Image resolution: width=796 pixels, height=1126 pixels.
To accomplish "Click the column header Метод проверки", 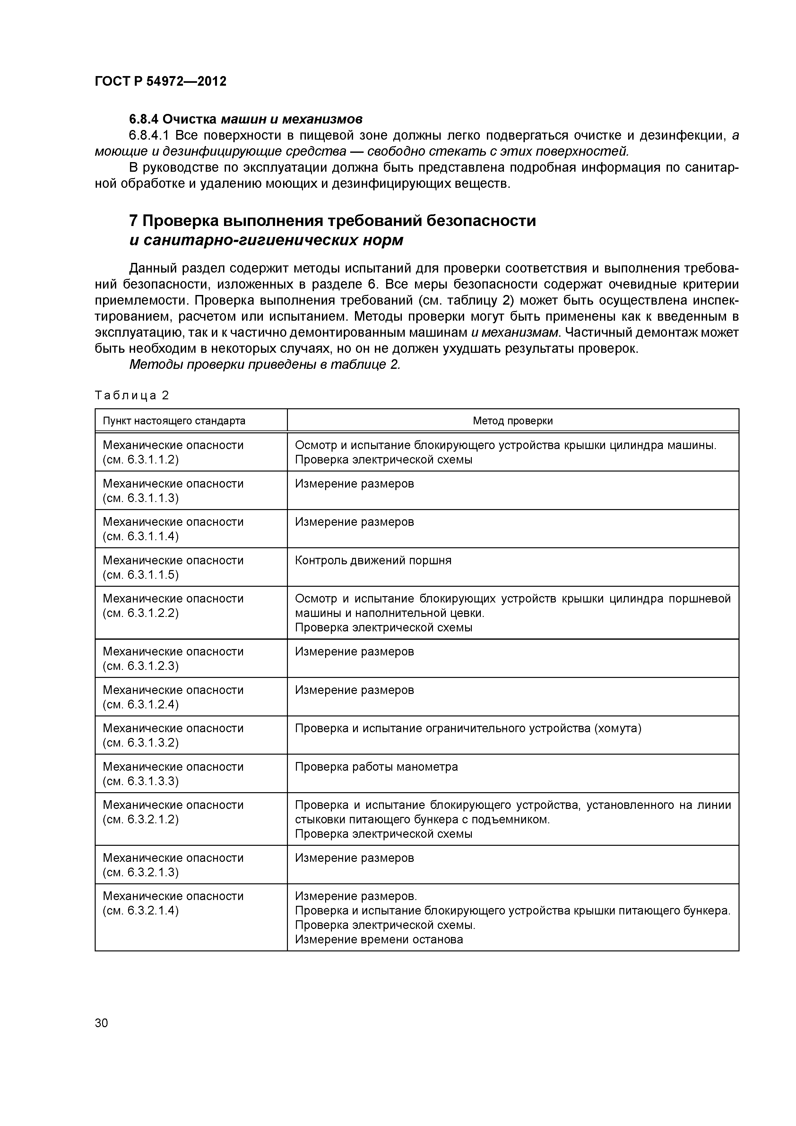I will [513, 421].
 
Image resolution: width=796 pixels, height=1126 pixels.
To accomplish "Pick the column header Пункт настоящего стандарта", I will [174, 421].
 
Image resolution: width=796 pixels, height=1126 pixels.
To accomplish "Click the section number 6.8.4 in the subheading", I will [144, 119].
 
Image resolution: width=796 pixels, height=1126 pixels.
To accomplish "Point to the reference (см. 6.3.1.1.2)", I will [141, 460].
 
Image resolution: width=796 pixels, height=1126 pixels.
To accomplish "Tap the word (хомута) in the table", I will [618, 728].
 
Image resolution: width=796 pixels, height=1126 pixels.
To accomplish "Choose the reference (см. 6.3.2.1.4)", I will [141, 911].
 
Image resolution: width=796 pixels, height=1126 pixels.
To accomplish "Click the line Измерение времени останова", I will [379, 940].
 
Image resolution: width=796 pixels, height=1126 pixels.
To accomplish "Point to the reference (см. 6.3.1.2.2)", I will [141, 613].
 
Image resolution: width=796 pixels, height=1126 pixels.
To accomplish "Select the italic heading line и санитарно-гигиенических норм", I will [266, 240].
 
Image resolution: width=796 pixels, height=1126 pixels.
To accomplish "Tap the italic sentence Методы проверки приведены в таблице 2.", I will [265, 365].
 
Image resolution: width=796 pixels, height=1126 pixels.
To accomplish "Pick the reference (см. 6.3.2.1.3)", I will [141, 872].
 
